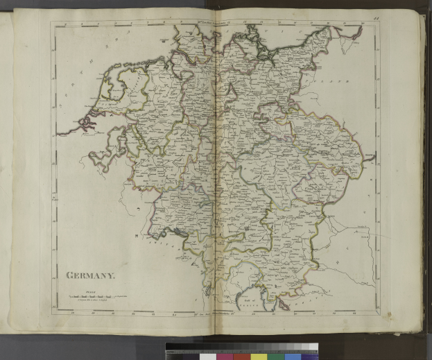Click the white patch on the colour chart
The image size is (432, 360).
[208, 356]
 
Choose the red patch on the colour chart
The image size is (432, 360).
[243, 356]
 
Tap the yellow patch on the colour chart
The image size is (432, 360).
[259, 356]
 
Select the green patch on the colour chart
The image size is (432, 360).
[275, 356]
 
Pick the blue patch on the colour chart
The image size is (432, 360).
[292, 356]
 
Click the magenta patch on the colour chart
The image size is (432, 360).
[227, 356]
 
